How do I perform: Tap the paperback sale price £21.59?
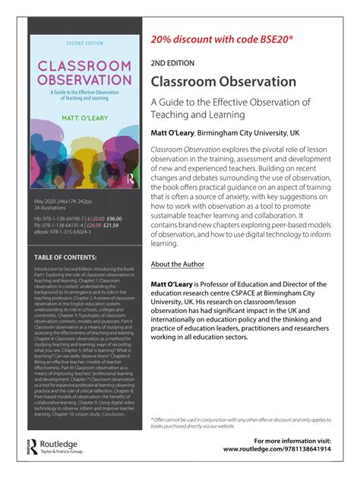(111, 226)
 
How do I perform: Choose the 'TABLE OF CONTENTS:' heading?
(69, 258)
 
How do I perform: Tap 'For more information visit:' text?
(292, 440)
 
